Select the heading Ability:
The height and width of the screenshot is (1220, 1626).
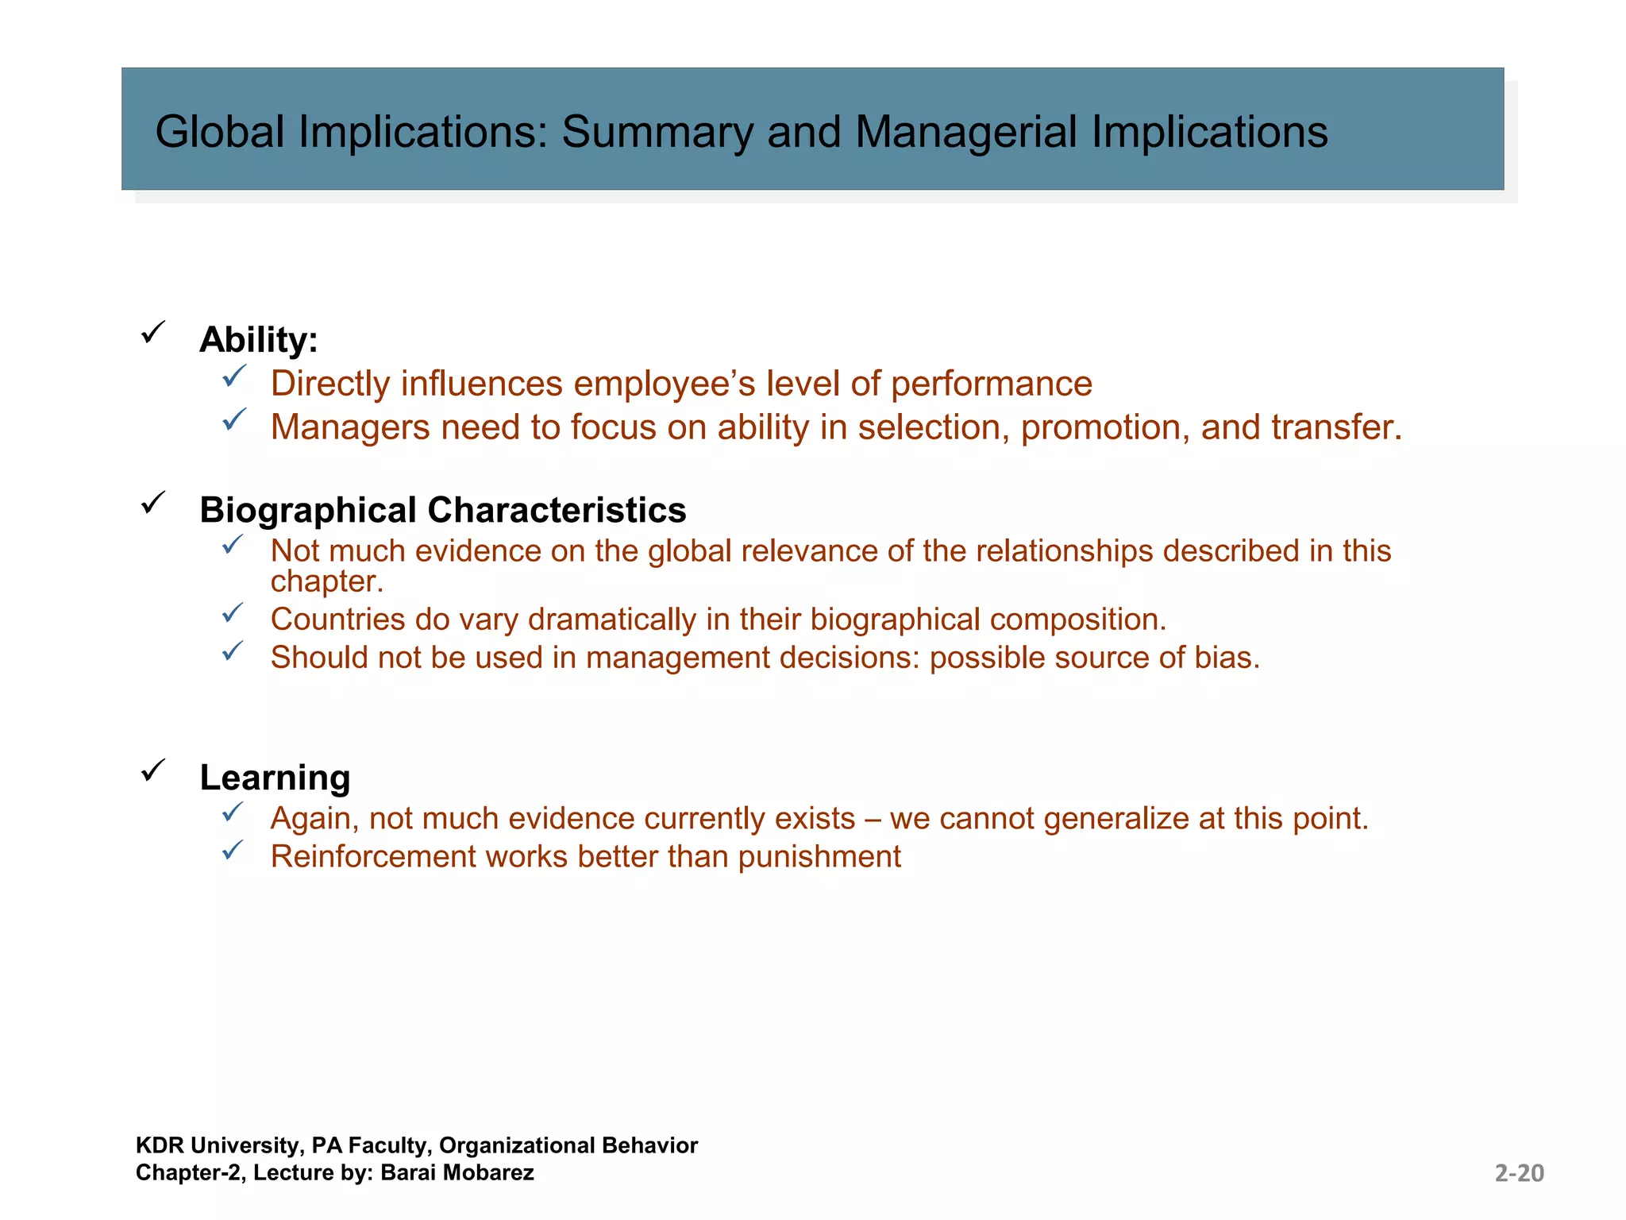[x=258, y=340]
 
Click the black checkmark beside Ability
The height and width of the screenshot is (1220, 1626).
[x=152, y=332]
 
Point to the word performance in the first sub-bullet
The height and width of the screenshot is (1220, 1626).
[x=991, y=384]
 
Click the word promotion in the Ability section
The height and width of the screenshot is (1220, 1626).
[x=1104, y=428]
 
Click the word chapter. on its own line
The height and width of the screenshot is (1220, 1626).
[x=326, y=582]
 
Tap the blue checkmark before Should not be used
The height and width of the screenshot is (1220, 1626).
[x=233, y=652]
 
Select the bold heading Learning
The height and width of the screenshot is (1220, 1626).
[x=275, y=778]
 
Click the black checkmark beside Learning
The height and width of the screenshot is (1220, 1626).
[x=152, y=770]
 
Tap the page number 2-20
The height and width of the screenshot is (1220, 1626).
[x=1519, y=1173]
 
